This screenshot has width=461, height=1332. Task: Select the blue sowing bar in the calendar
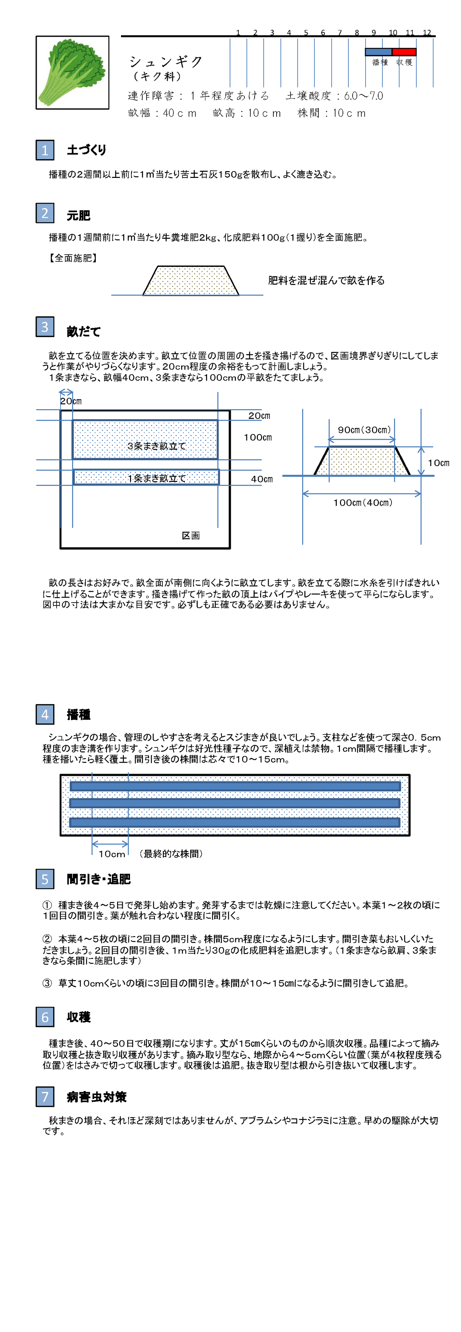coord(378,52)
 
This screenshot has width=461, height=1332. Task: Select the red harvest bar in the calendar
coord(404,52)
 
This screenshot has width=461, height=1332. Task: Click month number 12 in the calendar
coord(426,32)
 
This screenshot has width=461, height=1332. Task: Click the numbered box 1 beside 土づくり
coord(45,150)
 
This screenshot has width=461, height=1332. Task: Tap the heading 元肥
coord(79,215)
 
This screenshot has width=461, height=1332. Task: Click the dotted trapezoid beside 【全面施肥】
coord(191,281)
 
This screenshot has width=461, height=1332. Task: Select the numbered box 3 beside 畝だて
coord(45,327)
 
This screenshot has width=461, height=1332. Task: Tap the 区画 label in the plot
coord(191,536)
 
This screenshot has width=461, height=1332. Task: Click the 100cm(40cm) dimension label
coord(363,502)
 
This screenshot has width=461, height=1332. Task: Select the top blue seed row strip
coord(235,786)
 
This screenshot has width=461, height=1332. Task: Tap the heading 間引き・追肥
coord(99,879)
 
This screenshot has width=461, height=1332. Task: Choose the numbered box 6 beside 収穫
coord(45,1017)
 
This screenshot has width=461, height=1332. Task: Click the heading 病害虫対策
coord(97,1097)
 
